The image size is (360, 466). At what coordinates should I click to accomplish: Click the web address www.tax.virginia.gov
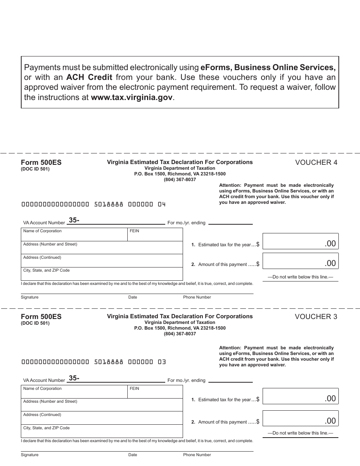(132, 97)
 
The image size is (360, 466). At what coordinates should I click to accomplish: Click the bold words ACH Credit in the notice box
(89, 77)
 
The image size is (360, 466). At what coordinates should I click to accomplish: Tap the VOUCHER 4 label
(316, 163)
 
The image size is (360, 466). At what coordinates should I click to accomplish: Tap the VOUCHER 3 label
(316, 317)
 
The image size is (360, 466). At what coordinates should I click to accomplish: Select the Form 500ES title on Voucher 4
(41, 163)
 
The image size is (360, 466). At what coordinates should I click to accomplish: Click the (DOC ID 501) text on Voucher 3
(35, 323)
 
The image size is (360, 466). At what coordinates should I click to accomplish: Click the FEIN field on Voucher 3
(155, 392)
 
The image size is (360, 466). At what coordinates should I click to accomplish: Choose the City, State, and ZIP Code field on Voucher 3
(102, 431)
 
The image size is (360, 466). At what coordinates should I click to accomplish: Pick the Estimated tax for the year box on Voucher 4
(300, 241)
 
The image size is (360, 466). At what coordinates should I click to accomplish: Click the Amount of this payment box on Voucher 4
(300, 261)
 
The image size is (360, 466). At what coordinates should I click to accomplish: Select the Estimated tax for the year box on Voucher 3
(300, 396)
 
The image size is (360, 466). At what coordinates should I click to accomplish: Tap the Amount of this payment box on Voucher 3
(300, 419)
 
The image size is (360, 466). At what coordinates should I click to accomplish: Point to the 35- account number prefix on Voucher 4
(74, 220)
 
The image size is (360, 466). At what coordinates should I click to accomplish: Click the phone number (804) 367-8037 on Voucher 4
(180, 180)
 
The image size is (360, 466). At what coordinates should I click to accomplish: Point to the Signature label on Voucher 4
(30, 297)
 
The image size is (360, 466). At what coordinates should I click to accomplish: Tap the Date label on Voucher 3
(133, 455)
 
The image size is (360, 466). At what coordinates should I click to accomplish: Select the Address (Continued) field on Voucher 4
(102, 261)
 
